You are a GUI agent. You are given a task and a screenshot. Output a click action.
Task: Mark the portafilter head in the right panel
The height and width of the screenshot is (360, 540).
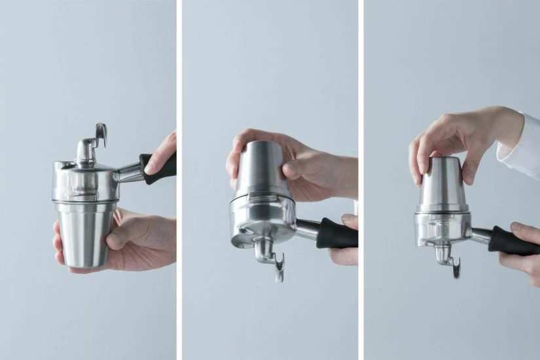click(442, 226)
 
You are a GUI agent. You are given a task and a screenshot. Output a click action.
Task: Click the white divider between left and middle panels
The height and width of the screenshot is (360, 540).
click(179, 180)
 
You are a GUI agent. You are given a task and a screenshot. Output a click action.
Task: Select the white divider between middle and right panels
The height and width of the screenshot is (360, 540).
click(360, 180)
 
